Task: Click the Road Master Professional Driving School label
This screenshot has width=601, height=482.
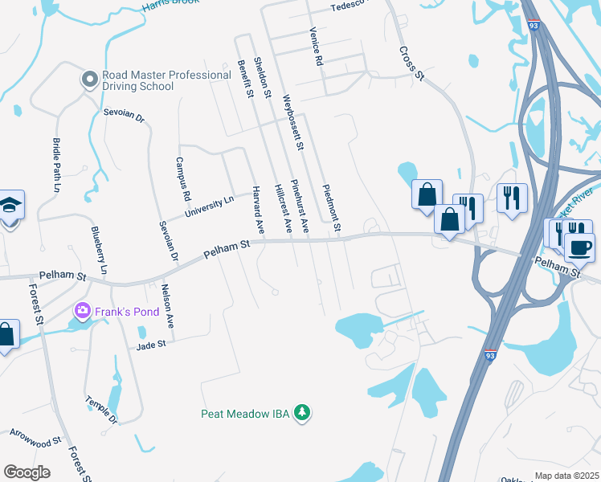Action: click(167, 80)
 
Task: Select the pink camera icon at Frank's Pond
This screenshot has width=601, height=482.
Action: click(83, 310)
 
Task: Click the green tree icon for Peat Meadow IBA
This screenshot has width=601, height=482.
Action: click(302, 412)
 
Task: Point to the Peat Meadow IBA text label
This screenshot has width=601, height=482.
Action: click(246, 414)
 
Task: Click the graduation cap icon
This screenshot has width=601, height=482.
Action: click(10, 205)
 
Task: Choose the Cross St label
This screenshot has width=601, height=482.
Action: click(411, 63)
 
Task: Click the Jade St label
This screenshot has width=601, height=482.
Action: click(150, 344)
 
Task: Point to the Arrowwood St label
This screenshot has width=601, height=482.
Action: click(35, 443)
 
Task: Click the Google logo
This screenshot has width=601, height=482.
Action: click(27, 472)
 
